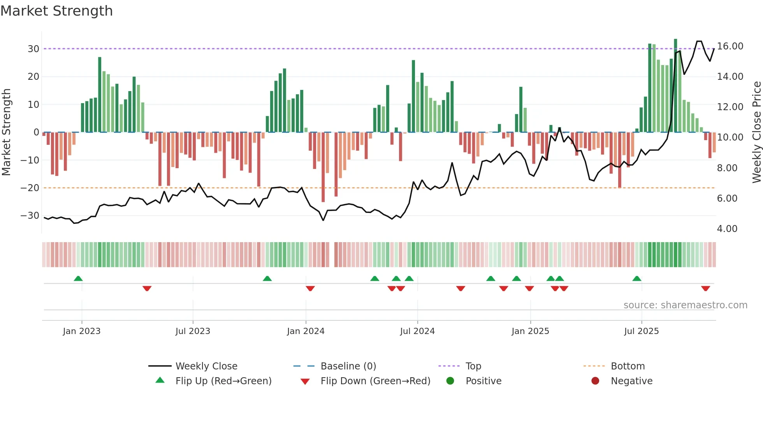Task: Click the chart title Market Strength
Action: pos(56,11)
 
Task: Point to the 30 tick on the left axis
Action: pos(33,49)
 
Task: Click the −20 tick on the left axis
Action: pos(30,188)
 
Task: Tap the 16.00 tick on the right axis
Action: pos(730,46)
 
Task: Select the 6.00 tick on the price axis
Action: pos(727,199)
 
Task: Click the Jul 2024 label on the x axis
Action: pos(417,331)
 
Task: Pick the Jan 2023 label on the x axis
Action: pos(82,331)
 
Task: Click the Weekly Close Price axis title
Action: pos(756,132)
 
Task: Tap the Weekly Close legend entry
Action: pos(206,366)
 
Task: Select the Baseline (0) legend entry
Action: pos(348,366)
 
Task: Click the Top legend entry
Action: pos(473,366)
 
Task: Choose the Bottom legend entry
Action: pos(628,366)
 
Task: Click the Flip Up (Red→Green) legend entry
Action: pos(223,381)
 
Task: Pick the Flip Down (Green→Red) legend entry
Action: pos(375,381)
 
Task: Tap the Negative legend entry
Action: pos(631,381)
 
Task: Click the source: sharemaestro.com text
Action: pos(685,305)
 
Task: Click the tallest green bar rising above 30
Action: pos(675,86)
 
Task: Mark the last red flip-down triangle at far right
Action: pos(705,288)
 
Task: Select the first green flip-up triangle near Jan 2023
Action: pos(78,279)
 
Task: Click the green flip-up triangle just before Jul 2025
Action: pos(637,279)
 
